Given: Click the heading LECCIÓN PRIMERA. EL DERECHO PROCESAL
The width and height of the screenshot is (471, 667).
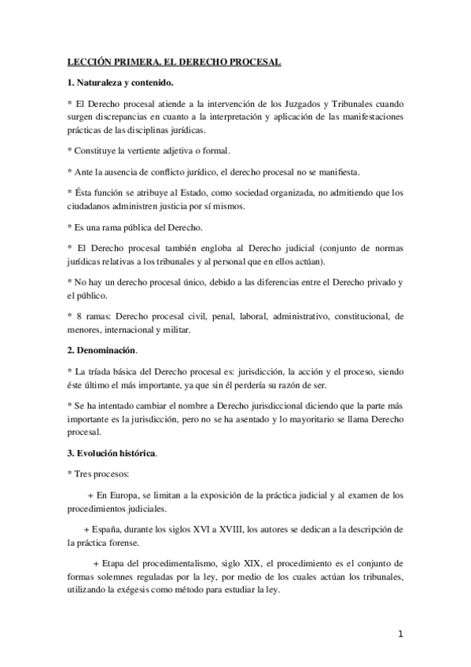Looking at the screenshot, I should [174, 61].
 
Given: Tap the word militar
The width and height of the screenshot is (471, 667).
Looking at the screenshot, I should [177, 330].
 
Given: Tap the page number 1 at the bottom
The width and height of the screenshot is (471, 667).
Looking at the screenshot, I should [401, 633].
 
